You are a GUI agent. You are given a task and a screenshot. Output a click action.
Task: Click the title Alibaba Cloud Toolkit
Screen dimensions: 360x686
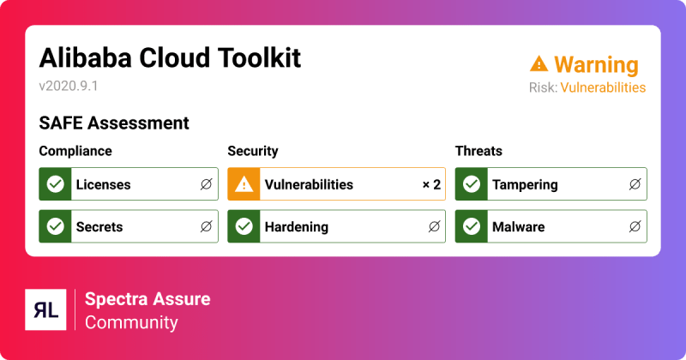[170, 58]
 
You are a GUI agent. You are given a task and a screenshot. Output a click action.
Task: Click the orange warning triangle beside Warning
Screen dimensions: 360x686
[539, 63]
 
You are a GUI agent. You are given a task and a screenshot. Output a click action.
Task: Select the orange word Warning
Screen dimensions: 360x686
[596, 64]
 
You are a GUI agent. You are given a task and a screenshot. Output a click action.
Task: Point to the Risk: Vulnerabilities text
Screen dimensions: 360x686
[587, 87]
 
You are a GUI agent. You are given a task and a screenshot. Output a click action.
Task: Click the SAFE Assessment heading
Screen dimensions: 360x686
[114, 123]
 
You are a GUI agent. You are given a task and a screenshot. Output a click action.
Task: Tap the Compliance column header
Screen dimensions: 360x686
[75, 152]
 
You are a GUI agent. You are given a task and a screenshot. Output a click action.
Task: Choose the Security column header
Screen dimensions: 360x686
[253, 152]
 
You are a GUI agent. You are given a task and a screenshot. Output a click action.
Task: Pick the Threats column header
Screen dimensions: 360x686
[478, 152]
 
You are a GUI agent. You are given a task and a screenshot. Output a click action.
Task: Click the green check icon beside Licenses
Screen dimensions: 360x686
[56, 184]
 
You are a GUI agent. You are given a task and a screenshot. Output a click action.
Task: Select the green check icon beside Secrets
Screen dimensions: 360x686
[56, 227]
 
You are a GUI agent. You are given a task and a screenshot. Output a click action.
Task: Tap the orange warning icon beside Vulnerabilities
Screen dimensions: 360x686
[244, 184]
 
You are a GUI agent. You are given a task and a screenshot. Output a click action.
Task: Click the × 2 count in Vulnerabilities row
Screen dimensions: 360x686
[430, 184]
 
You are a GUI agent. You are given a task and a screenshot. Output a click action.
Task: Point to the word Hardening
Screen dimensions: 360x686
[296, 227]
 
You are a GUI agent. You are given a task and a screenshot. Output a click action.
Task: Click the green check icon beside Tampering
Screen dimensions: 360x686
[472, 184]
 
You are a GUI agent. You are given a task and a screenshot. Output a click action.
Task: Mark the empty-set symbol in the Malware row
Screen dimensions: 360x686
[634, 227]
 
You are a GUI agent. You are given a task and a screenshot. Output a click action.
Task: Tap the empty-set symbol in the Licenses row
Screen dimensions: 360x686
[206, 184]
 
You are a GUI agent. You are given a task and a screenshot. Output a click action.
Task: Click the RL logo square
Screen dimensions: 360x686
[47, 310]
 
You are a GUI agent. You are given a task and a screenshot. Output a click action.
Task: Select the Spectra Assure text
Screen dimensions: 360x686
[147, 299]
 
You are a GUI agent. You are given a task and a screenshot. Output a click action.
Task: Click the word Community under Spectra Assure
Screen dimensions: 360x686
[131, 322]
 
